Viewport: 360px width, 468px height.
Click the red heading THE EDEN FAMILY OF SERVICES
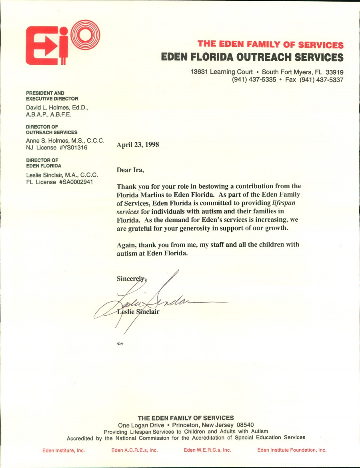tap(270, 45)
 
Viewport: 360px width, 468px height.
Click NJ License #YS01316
tap(56, 147)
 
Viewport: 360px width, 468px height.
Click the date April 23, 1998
tap(138, 145)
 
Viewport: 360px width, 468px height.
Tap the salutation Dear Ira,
tap(130, 170)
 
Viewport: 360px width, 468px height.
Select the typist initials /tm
tap(120, 343)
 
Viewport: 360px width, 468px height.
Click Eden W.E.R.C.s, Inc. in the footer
tap(207, 450)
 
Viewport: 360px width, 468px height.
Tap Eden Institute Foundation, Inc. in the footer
tap(292, 450)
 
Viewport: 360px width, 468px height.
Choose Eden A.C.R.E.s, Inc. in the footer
tap(134, 450)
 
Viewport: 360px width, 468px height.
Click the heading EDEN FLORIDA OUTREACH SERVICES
tap(252, 57)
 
